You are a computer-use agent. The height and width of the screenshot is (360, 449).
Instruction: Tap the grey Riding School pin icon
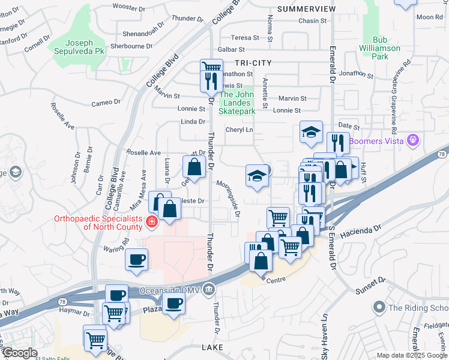[379, 308]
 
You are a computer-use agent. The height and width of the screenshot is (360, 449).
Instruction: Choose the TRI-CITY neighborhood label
[253, 62]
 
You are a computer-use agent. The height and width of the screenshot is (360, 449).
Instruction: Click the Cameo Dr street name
[106, 103]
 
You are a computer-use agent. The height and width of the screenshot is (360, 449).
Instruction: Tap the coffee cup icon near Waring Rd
[136, 260]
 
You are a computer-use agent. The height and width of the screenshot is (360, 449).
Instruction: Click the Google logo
[19, 353]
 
